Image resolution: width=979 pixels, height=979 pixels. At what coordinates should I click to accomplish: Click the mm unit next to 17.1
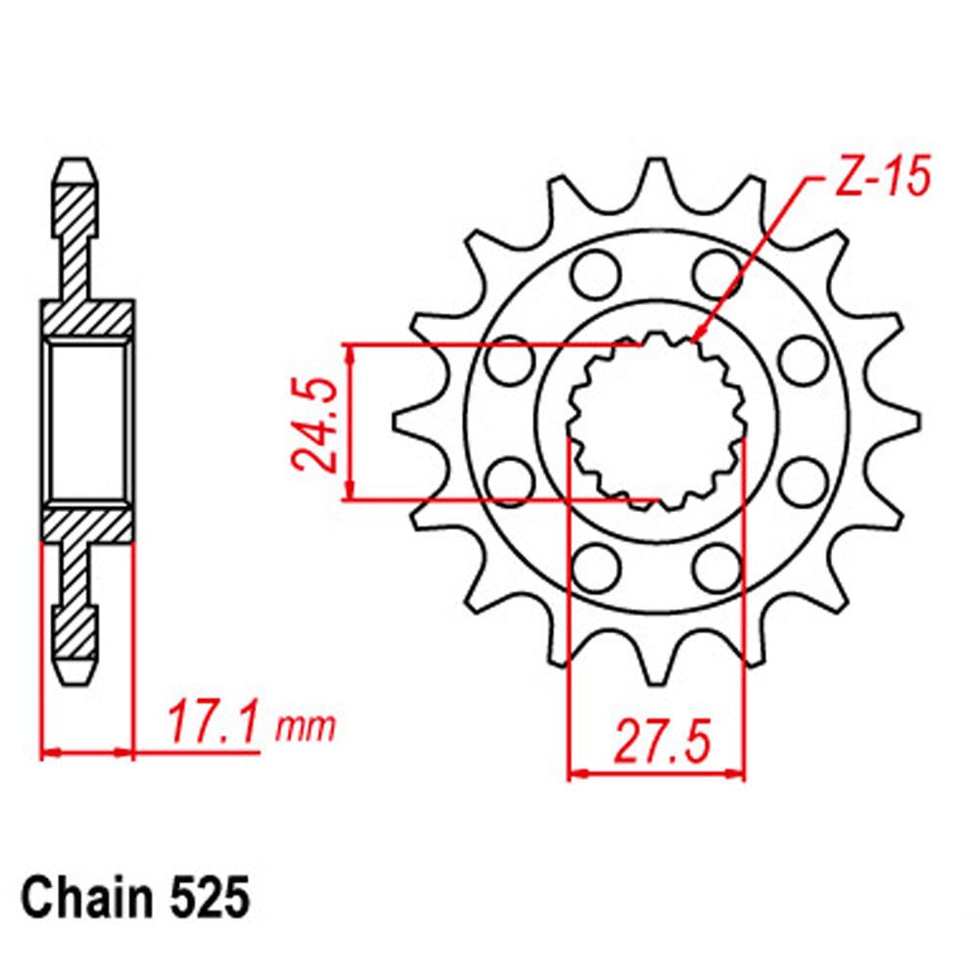pyautogui.click(x=305, y=727)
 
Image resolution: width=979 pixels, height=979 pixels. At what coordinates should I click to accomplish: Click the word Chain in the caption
pyautogui.click(x=82, y=897)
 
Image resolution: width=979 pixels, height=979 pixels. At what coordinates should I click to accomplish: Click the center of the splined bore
pyautogui.click(x=656, y=421)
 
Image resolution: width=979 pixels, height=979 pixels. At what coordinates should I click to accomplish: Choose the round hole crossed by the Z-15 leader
pyautogui.click(x=718, y=272)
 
